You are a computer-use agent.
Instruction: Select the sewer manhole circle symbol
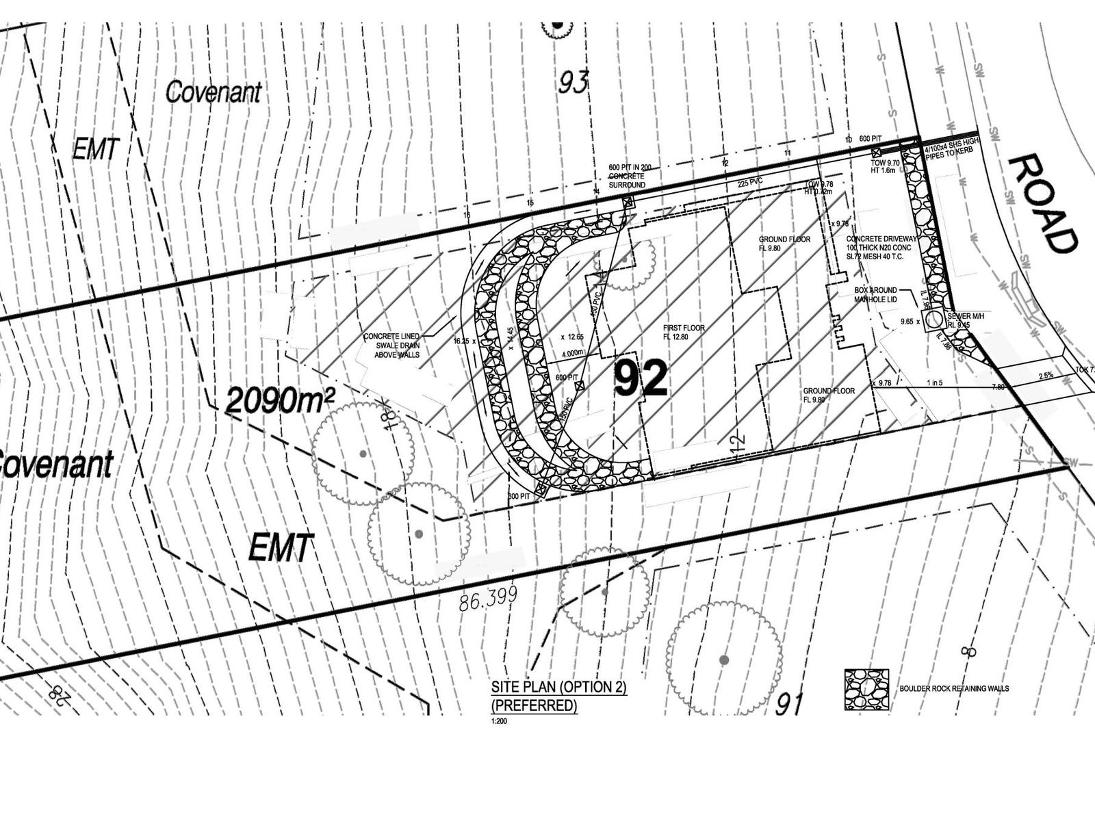tap(932, 319)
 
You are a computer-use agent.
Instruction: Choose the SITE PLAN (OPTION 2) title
tap(558, 688)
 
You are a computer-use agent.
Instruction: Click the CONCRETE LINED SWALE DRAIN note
tap(392, 345)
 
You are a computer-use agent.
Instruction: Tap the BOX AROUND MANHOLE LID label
tap(876, 295)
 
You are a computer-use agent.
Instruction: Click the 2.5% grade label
tap(1045, 376)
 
